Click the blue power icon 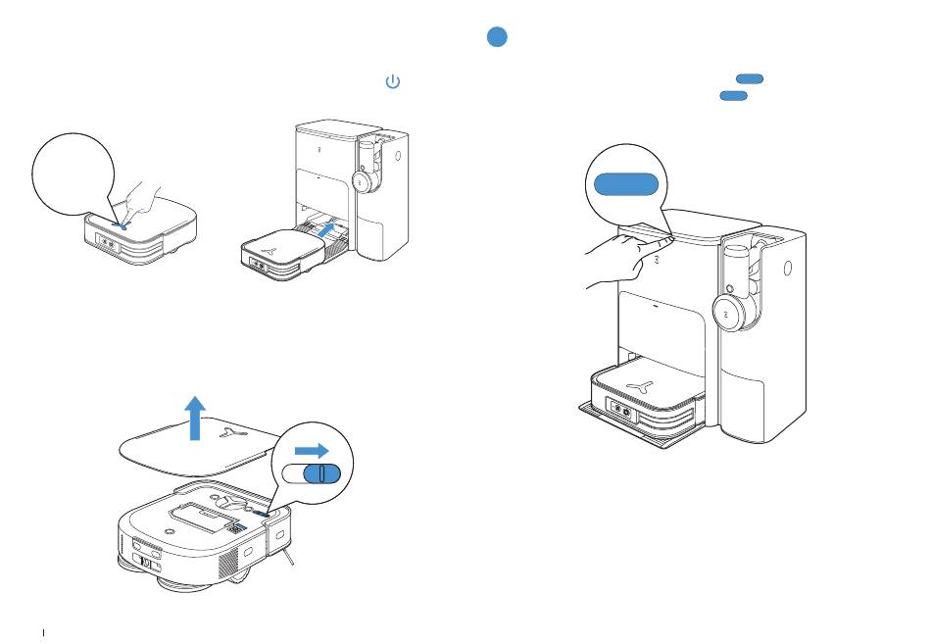(392, 82)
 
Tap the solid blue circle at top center (497, 37)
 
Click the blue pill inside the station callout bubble (623, 183)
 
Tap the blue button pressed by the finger (120, 224)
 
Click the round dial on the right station (727, 313)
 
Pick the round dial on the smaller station (360, 182)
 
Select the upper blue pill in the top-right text (749, 77)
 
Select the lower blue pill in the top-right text (733, 95)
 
